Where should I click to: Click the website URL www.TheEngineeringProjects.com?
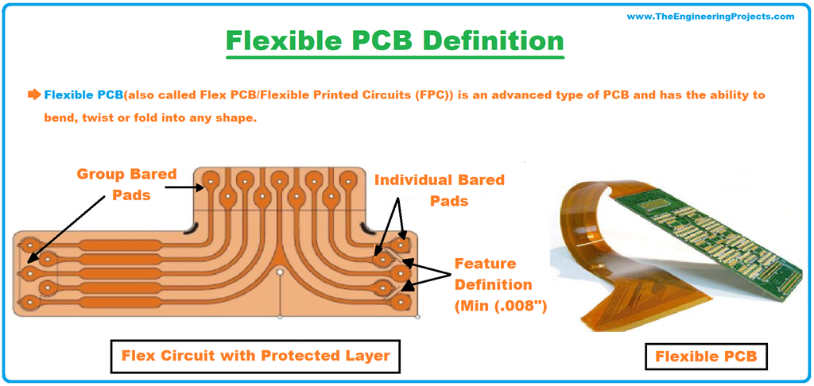point(710,16)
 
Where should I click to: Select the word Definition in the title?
point(500,41)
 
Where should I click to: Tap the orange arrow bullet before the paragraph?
point(33,95)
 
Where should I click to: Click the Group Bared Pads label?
point(126,183)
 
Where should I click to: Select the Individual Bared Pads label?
point(440,190)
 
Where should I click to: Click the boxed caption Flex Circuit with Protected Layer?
point(255,355)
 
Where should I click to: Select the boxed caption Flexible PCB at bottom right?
point(706,357)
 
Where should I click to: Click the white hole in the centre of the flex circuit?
point(280,272)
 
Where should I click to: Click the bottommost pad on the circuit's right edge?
point(404,302)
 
